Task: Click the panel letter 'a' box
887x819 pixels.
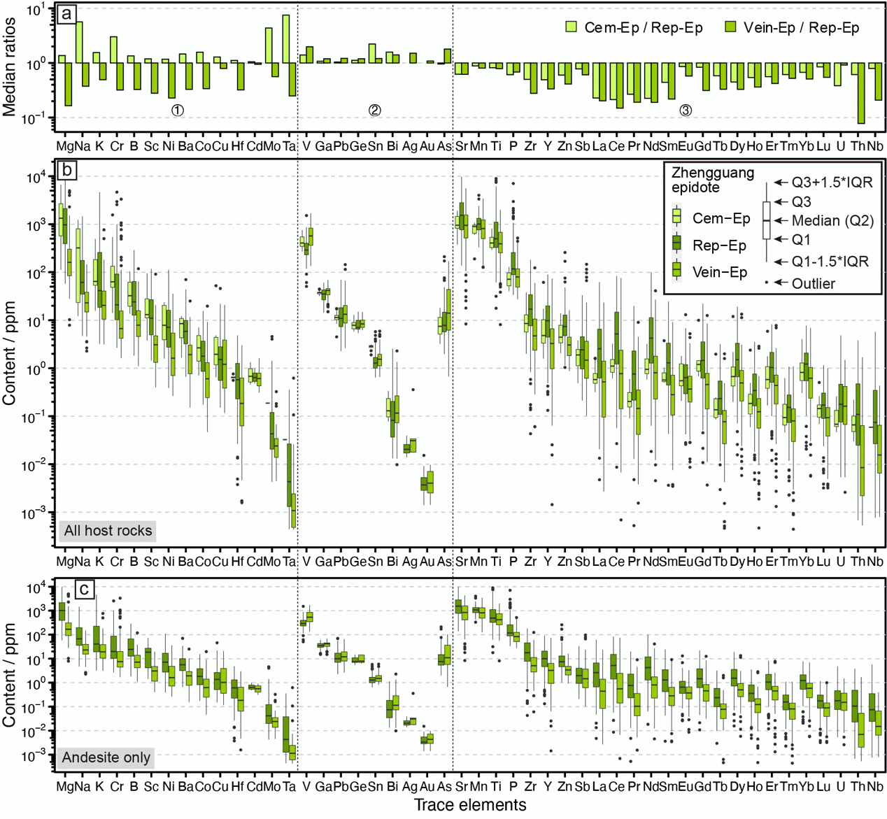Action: [x=67, y=14]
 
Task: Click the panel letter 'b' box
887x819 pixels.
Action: [x=67, y=171]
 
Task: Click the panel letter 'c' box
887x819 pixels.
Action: [x=84, y=589]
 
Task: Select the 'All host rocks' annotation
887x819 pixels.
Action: [x=108, y=531]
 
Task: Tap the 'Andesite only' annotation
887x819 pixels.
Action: [x=106, y=757]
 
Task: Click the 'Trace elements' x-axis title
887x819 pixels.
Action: [x=469, y=806]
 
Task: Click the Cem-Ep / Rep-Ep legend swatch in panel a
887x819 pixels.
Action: [x=572, y=27]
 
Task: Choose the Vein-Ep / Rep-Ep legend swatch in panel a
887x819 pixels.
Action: [x=731, y=27]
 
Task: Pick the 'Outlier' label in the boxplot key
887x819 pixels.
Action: [x=813, y=283]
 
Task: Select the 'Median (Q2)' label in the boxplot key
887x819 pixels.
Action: [x=832, y=221]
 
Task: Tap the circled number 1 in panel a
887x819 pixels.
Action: [x=178, y=110]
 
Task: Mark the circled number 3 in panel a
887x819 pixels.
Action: [x=686, y=110]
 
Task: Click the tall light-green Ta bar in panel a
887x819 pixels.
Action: [x=286, y=39]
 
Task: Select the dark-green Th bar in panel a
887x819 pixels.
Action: [x=861, y=93]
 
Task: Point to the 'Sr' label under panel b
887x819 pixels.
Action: [x=461, y=562]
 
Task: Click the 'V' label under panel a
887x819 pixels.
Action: [x=306, y=146]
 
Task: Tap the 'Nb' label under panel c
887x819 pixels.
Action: [x=874, y=787]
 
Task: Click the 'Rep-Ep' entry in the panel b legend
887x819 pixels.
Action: [x=718, y=245]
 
